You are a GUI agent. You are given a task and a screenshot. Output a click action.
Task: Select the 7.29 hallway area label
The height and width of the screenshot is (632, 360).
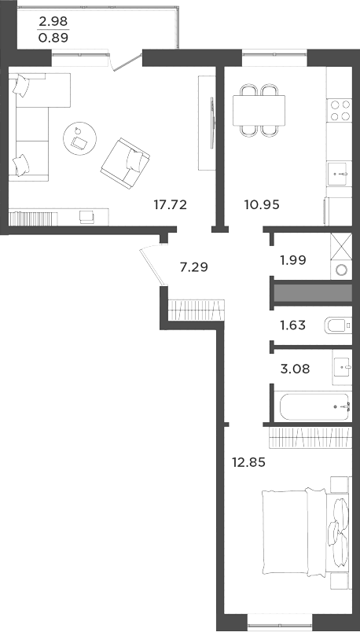click(194, 267)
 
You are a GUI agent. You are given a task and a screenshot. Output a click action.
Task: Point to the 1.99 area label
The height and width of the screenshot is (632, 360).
click(292, 260)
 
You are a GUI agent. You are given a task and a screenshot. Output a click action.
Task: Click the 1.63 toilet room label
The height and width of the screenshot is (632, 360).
click(292, 323)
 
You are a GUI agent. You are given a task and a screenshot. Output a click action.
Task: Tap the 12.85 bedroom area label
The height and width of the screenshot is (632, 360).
click(248, 462)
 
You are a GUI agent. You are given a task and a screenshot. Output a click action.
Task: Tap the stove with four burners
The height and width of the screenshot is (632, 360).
click(339, 109)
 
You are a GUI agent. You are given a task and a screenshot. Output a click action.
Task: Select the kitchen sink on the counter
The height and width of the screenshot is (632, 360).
click(339, 172)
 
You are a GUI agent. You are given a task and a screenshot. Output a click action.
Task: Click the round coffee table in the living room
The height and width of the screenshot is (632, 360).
click(81, 138)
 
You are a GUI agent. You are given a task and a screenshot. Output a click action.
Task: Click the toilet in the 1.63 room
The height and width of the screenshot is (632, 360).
click(336, 325)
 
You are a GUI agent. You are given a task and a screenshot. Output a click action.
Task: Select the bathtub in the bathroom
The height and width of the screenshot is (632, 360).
click(314, 406)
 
